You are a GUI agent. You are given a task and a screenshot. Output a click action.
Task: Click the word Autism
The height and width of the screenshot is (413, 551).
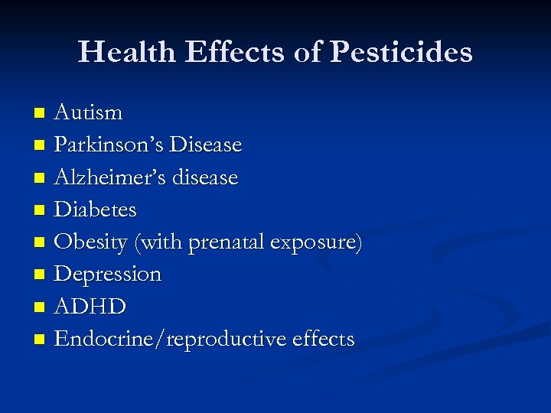pos(89,112)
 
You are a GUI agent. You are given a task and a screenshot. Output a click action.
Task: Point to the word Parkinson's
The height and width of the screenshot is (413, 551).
pos(109,145)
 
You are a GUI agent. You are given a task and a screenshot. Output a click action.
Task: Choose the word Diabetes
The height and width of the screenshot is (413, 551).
pos(96,209)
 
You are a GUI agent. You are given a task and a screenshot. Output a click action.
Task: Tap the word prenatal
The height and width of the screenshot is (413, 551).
pos(230,242)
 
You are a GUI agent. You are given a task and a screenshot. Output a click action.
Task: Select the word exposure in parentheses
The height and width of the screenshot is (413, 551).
pos(315,242)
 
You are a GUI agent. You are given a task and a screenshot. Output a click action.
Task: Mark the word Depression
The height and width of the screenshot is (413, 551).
pos(109,274)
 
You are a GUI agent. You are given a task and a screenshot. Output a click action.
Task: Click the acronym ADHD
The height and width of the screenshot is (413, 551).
pos(91,307)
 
